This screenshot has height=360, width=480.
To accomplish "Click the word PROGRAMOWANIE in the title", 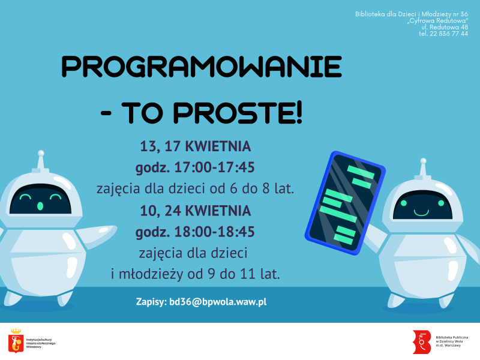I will tap(202, 67).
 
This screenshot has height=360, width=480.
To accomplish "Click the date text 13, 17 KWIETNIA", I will tap(195, 146).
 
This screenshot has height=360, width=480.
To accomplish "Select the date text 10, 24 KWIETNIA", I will tap(195, 211).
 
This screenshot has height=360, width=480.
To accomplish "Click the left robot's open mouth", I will tap(40, 206).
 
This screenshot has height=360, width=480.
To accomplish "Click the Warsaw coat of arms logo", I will tap(16, 340).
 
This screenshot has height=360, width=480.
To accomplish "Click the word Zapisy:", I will tap(150, 302).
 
